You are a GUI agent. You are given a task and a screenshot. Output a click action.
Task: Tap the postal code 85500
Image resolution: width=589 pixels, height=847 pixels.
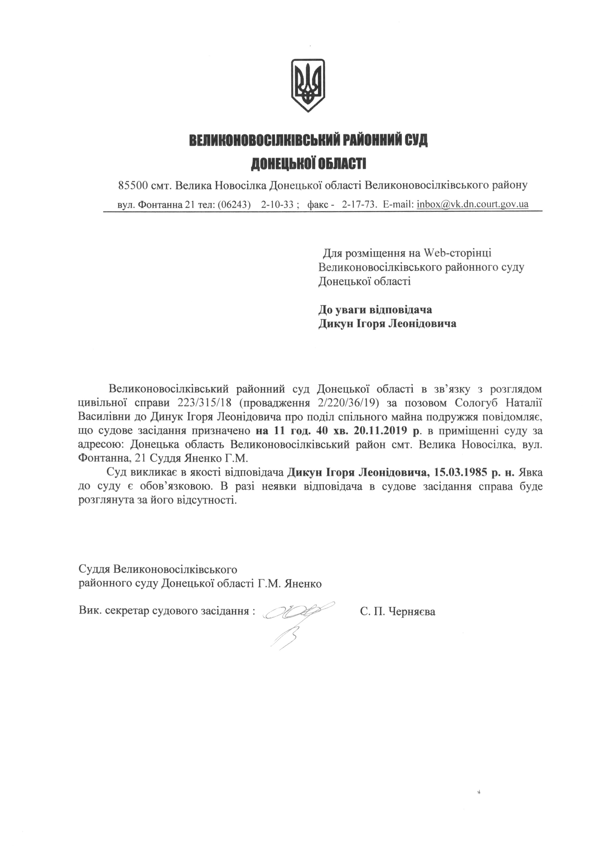133,185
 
